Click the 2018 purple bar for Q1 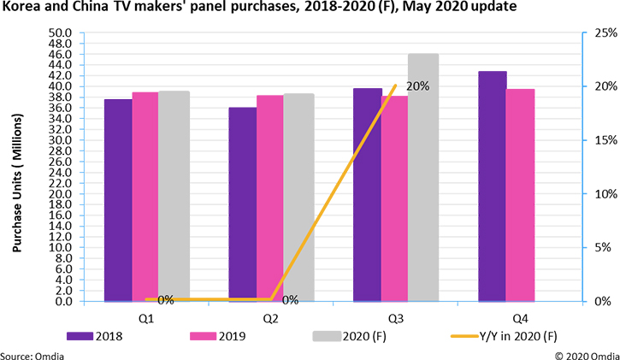pyautogui.click(x=118, y=200)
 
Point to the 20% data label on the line pyautogui.click(x=417, y=86)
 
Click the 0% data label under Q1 pyautogui.click(x=165, y=300)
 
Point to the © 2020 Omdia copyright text pyautogui.click(x=586, y=351)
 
